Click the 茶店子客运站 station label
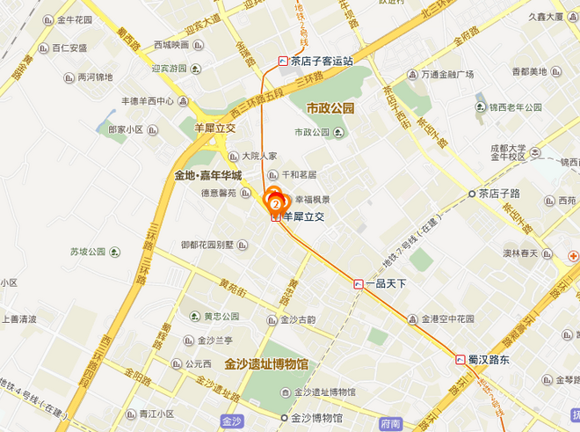pos(323,61)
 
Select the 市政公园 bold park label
pos(330,108)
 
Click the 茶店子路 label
pos(502,193)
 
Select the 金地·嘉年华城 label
pos(207,175)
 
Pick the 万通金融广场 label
pos(453,74)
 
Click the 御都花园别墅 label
pos(207,245)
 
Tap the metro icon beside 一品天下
pos(358,284)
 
